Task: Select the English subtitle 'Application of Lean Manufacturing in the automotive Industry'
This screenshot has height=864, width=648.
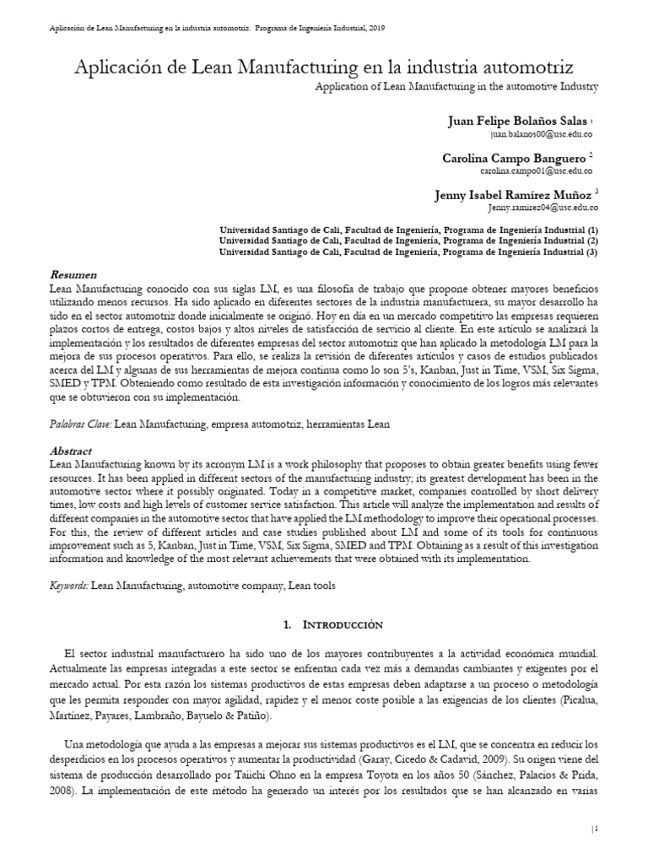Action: (x=456, y=86)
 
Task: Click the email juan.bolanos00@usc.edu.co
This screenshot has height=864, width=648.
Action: (x=543, y=135)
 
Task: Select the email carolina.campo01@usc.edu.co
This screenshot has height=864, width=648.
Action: (x=540, y=170)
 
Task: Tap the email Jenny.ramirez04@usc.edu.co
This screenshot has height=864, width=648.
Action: (x=543, y=207)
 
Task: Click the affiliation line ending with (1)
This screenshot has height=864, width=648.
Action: (x=408, y=229)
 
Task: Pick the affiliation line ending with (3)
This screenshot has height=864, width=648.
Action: (x=408, y=251)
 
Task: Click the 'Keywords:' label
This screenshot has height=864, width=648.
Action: (x=69, y=583)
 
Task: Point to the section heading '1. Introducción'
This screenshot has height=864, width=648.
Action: (x=323, y=624)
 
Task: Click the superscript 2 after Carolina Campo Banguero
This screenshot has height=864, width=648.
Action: (x=591, y=155)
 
